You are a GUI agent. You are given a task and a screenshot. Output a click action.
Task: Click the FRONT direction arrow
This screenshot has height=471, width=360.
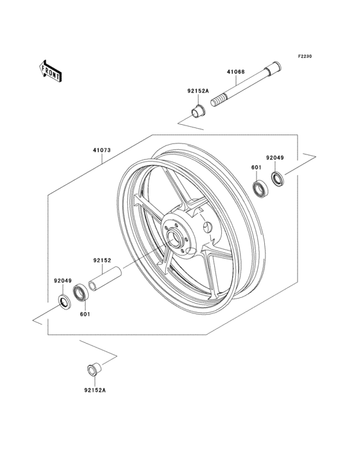coord(50,71)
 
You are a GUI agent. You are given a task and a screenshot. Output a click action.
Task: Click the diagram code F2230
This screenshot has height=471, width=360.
coord(305,56)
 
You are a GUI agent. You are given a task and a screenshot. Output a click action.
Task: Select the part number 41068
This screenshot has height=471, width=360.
coord(235,72)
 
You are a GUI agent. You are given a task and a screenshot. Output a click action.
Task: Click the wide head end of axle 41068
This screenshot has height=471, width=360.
coord(274,69)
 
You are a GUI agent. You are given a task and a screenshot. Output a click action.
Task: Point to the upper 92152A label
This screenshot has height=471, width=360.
coord(198,91)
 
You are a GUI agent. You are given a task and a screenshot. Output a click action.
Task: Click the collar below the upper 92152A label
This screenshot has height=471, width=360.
coord(198,111)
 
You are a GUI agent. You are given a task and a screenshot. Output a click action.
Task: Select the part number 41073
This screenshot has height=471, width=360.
coord(102,150)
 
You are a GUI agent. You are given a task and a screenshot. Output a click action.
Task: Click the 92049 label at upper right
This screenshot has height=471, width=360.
coord(274,158)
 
